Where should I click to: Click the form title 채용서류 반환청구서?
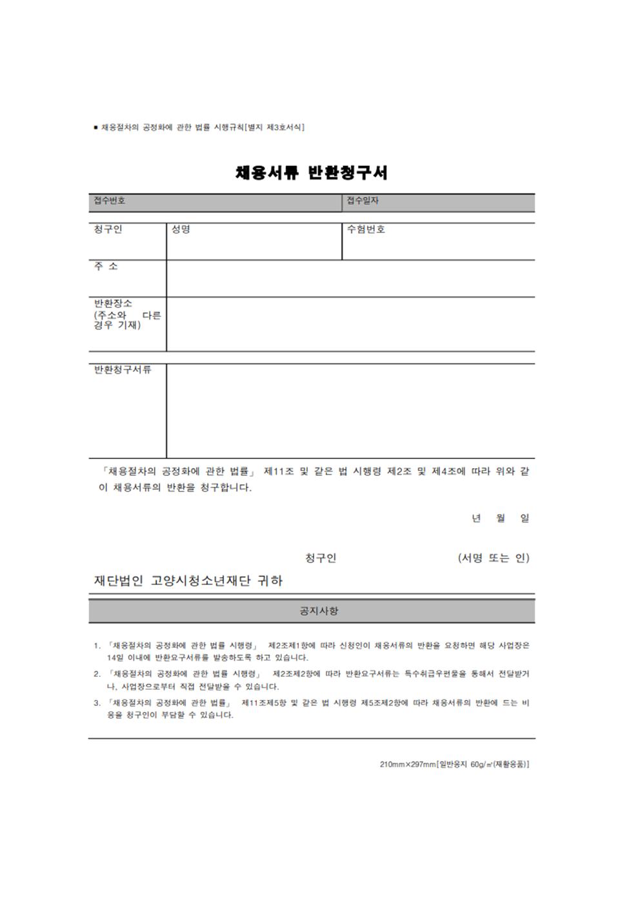312,172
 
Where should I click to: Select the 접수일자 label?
363,201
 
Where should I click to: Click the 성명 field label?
181,229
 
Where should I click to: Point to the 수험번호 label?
366,229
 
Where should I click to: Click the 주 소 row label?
106,266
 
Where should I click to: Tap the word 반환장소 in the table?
113,304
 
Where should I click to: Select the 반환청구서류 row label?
123,369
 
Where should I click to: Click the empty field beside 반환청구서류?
350,411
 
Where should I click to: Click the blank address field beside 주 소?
350,279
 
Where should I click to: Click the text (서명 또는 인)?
494,558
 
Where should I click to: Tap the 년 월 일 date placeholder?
500,518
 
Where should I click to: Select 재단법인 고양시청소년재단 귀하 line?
188,581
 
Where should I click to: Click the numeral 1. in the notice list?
97,646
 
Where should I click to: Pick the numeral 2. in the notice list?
97,674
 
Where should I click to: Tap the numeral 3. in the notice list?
97,703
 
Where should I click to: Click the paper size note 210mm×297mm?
408,765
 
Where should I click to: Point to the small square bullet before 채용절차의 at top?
96,127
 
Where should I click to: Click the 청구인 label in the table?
108,229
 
